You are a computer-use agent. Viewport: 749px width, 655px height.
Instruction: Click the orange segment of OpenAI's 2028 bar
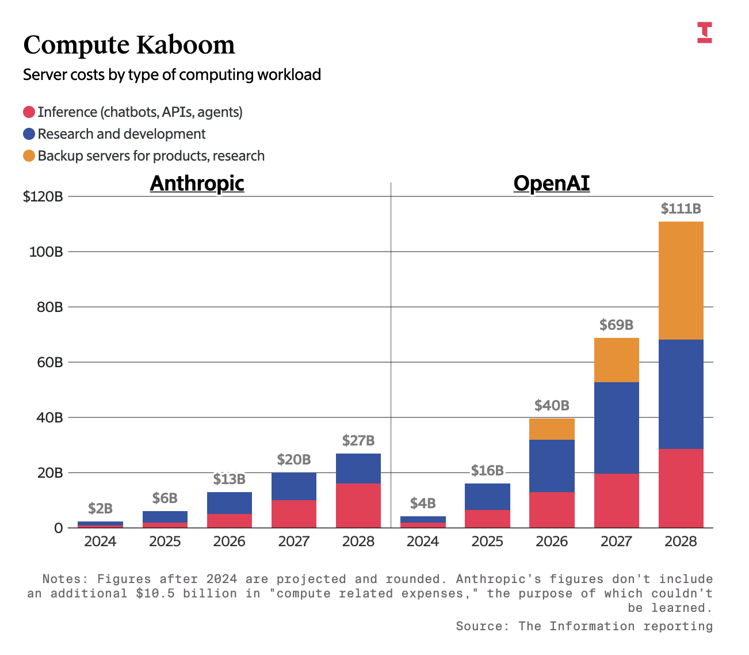681,280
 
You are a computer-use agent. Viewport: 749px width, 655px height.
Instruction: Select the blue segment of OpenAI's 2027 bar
616,428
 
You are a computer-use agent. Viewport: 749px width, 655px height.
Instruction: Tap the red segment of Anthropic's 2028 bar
358,505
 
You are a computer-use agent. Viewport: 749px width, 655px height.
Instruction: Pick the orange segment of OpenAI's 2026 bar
552,429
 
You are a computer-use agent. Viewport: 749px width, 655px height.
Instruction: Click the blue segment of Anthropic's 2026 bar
230,503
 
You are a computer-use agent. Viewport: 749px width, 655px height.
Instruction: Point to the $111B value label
681,208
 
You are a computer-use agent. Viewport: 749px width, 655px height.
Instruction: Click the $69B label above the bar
616,325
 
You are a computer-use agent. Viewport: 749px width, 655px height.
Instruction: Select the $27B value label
358,441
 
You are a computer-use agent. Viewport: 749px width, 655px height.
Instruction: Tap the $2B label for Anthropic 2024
100,509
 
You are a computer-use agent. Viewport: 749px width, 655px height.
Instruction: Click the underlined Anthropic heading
197,184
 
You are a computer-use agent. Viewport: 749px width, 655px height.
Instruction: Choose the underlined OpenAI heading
551,184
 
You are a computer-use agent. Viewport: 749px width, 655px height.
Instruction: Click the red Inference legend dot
29,112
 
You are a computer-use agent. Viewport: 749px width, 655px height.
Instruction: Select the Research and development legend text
121,134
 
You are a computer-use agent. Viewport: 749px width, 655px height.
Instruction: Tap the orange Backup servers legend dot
29,156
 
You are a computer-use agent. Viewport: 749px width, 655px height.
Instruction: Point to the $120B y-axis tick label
43,197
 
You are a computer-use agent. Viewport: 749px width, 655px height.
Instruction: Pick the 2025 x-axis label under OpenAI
487,542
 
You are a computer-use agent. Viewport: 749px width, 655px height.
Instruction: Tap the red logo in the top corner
705,32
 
